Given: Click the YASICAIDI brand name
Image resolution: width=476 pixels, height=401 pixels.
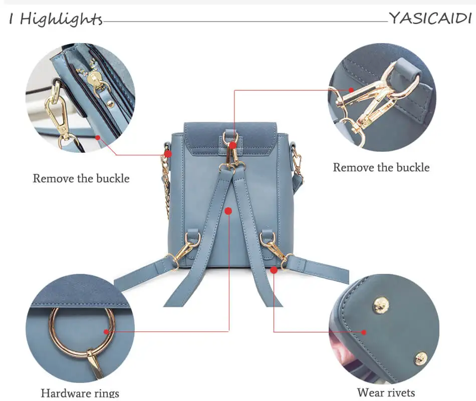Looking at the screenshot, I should click(x=430, y=19).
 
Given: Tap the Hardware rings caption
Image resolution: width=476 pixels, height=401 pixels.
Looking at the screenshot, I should click(x=80, y=393).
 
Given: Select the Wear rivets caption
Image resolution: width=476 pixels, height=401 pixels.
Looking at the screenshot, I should click(x=386, y=392).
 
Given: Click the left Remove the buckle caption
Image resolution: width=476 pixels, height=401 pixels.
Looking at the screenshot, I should click(x=81, y=178).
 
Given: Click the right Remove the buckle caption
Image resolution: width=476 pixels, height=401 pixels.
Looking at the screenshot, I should click(x=381, y=167).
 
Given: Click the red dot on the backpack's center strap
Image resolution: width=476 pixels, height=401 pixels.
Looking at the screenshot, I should click(x=228, y=211).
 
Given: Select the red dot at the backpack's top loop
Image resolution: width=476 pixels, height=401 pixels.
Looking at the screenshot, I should click(x=233, y=145).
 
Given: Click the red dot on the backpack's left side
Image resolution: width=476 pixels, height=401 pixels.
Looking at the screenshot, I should click(x=168, y=154).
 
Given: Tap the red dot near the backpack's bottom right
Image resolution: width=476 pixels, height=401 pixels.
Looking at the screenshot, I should click(x=274, y=270).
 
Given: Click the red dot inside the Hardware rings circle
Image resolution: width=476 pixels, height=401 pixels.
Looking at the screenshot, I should click(x=106, y=331).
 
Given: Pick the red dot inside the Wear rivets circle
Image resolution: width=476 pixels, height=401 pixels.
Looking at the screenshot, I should click(x=364, y=331).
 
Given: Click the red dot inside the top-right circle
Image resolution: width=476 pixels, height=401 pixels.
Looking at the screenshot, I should click(x=352, y=90).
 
